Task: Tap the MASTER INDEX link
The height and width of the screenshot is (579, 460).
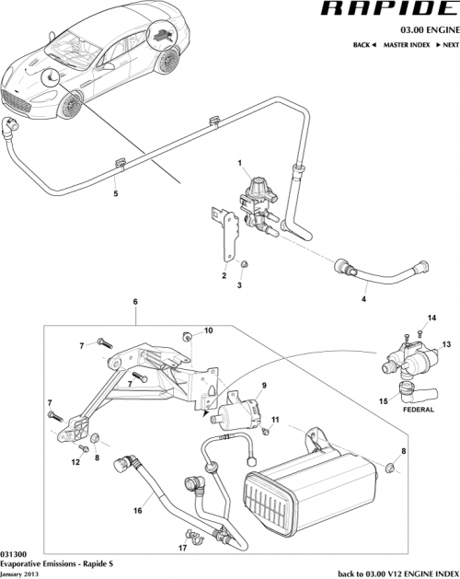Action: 408,44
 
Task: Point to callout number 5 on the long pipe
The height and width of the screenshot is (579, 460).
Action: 115,195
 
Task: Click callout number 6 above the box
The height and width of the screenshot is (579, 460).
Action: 135,302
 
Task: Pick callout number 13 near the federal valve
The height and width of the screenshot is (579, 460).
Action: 445,343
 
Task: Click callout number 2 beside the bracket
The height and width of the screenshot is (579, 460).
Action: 223,274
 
